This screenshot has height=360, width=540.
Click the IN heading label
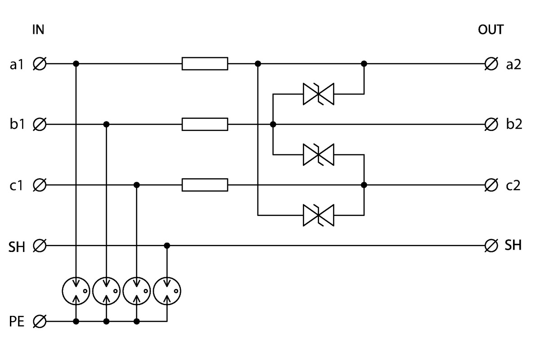pyautogui.click(x=38, y=30)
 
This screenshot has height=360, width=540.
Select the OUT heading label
pyautogui.click(x=490, y=30)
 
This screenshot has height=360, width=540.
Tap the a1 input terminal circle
pyautogui.click(x=40, y=64)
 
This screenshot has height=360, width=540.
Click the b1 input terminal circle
pyautogui.click(x=40, y=124)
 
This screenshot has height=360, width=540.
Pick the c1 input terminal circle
pyautogui.click(x=40, y=185)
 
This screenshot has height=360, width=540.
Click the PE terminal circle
pyautogui.click(x=40, y=321)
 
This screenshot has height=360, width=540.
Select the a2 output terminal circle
pyautogui.click(x=491, y=64)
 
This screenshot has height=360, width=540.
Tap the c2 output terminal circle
pyautogui.click(x=491, y=185)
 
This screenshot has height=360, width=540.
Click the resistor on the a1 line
pyautogui.click(x=205, y=63)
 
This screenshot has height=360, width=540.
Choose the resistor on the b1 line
pyautogui.click(x=205, y=124)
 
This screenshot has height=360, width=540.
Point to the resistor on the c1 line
pyautogui.click(x=205, y=185)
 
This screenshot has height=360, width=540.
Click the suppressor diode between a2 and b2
pyautogui.click(x=319, y=94)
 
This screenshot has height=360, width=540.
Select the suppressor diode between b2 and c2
pyautogui.click(x=319, y=154)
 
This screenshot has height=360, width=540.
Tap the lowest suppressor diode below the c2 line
pyautogui.click(x=319, y=215)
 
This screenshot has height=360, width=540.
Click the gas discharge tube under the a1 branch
pyautogui.click(x=76, y=291)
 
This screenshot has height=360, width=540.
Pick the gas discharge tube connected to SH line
pyautogui.click(x=167, y=291)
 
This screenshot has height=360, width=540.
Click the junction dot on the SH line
pyautogui.click(x=167, y=246)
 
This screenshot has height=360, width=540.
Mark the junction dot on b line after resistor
pyautogui.click(x=273, y=124)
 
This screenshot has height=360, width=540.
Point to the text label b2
pyautogui.click(x=514, y=124)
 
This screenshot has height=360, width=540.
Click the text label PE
pyautogui.click(x=17, y=321)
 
